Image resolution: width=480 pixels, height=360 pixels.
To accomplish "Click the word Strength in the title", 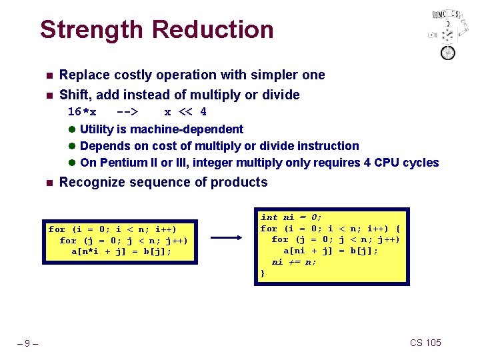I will [92, 30].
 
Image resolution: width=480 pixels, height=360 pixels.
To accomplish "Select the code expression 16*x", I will [82, 111].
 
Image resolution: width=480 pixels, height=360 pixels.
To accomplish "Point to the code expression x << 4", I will [185, 111].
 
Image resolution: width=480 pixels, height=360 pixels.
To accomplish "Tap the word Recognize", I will [89, 182].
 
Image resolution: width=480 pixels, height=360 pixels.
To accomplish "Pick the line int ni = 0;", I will [291, 217].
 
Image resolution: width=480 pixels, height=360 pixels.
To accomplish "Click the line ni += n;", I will [294, 262].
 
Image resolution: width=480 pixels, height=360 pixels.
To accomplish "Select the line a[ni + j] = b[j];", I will [331, 251].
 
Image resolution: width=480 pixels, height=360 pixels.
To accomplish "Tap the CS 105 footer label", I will [425, 343].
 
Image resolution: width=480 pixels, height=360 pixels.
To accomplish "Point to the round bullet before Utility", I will [72, 129].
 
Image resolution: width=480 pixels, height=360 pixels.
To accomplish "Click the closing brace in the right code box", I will [262, 273].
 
